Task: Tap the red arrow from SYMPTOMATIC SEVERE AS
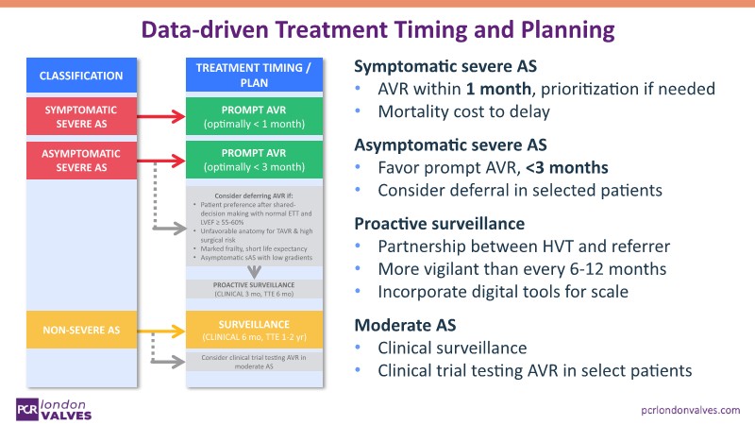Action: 152,117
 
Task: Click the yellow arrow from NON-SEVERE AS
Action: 152,331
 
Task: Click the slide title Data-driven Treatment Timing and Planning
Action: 377,29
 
